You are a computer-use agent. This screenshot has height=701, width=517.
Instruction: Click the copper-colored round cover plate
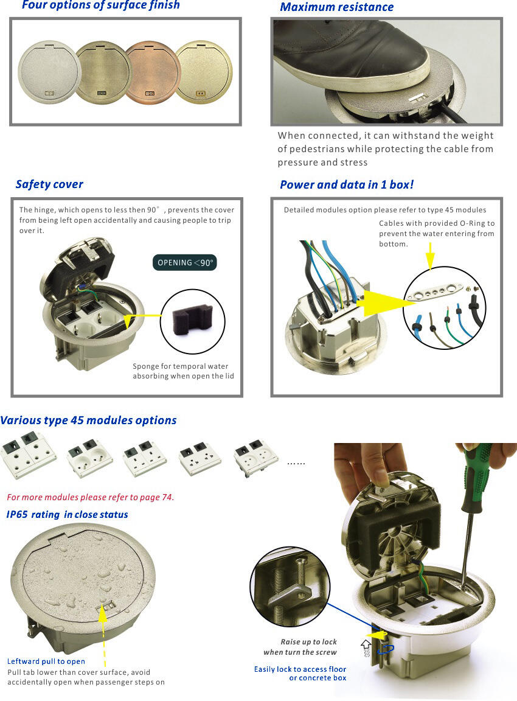pyautogui.click(x=152, y=72)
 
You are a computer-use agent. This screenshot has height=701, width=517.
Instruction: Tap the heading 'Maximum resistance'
pyautogui.click(x=336, y=7)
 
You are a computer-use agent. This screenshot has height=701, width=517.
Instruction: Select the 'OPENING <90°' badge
pyautogui.click(x=184, y=262)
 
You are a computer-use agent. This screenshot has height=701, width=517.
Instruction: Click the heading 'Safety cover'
pyautogui.click(x=50, y=184)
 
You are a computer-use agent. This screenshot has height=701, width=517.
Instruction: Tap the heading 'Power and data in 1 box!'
pyautogui.click(x=347, y=184)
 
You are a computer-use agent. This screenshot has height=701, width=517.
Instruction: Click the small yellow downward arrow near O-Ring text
pyautogui.click(x=430, y=256)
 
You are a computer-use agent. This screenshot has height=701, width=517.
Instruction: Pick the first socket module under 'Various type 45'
pyautogui.click(x=29, y=454)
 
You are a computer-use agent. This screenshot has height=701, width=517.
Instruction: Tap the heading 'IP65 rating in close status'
pyautogui.click(x=67, y=515)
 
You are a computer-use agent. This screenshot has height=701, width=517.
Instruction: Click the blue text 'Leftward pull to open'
pyautogui.click(x=46, y=661)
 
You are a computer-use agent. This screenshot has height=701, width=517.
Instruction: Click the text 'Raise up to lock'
pyautogui.click(x=308, y=641)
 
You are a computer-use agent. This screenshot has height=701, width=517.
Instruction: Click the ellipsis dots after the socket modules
pyautogui.click(x=296, y=463)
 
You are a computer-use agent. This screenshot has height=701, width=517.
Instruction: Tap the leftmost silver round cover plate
pyautogui.click(x=49, y=72)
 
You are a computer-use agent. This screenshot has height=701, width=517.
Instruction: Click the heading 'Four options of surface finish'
pyautogui.click(x=101, y=5)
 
